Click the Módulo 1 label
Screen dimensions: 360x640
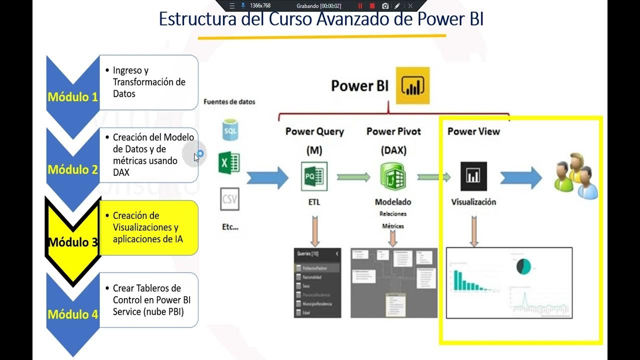pyautogui.click(x=72, y=96)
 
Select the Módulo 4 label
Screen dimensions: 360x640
pyautogui.click(x=72, y=314)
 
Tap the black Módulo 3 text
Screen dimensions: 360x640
pyautogui.click(x=72, y=242)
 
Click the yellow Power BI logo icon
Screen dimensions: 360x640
pyautogui.click(x=412, y=85)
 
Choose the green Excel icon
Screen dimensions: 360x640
pyautogui.click(x=229, y=163)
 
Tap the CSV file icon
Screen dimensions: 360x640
pyautogui.click(x=229, y=199)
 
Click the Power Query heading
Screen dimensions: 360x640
pyautogui.click(x=314, y=131)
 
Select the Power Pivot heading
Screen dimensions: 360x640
pyautogui.click(x=393, y=131)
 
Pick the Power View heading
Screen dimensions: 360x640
pyautogui.click(x=473, y=131)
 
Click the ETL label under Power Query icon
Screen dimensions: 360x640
pyautogui.click(x=314, y=202)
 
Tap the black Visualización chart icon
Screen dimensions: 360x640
pyautogui.click(x=473, y=176)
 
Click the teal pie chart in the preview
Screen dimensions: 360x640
pyautogui.click(x=524, y=266)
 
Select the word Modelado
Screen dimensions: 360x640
pyautogui.click(x=393, y=202)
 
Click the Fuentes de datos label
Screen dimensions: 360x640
pyautogui.click(x=229, y=101)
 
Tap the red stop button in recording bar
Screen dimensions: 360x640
pyautogui.click(x=372, y=6)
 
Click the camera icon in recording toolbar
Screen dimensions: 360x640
pyautogui.click(x=385, y=6)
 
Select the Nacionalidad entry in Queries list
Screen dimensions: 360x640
pyautogui.click(x=311, y=277)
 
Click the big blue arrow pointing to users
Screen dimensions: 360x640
pyautogui.click(x=521, y=177)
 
